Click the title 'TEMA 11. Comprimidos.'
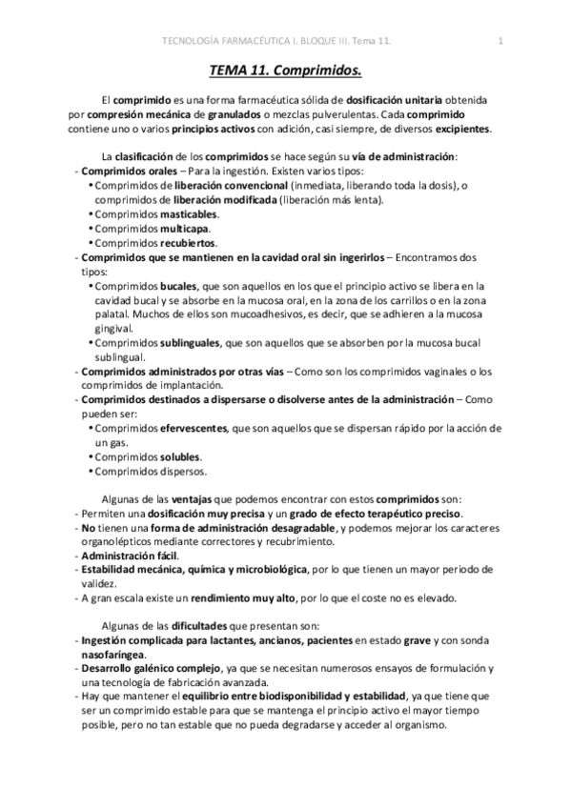[x=286, y=70]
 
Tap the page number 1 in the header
[x=500, y=41]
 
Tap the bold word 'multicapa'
[x=185, y=230]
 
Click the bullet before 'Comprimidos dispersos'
[x=91, y=472]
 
